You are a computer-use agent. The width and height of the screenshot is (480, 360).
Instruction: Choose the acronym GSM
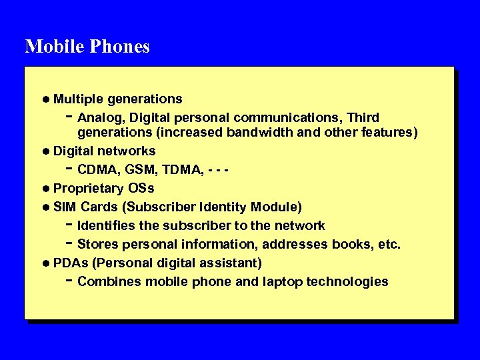coord(136,170)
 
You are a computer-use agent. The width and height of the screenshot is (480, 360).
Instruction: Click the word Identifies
coord(105,225)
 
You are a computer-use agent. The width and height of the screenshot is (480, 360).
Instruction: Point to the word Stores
coord(97,244)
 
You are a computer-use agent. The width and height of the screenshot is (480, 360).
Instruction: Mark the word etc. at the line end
coord(389,244)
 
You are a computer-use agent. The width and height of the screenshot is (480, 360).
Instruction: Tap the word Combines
coord(109,281)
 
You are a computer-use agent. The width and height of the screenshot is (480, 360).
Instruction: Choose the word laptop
coord(282,282)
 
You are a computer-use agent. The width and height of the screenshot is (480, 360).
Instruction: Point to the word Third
coord(363,117)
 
